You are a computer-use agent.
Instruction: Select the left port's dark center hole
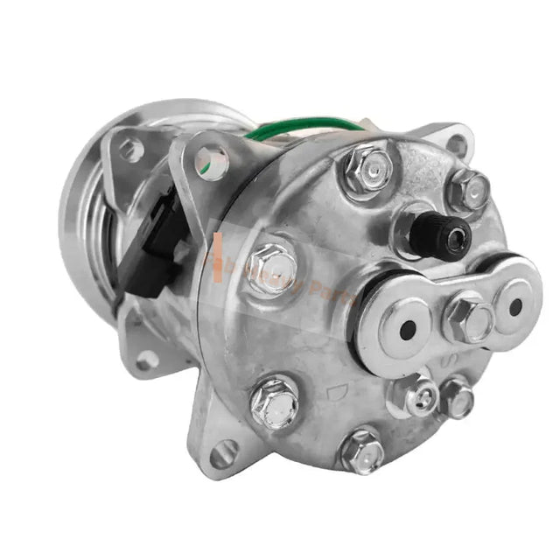(x=407, y=327)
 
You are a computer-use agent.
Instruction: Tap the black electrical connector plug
(x=161, y=236)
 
